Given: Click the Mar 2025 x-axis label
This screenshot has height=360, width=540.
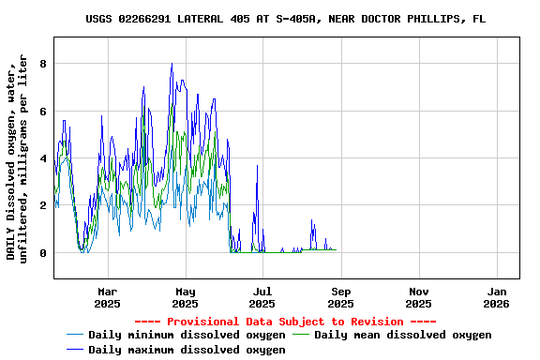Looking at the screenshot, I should tap(107, 297).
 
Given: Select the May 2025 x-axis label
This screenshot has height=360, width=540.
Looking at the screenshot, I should tap(185, 297).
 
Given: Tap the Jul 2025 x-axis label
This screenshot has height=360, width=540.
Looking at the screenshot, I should tap(262, 297).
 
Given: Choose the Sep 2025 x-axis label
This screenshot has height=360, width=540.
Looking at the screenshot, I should tap(341, 297).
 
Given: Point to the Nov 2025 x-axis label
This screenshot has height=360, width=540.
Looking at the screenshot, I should tap(419, 297).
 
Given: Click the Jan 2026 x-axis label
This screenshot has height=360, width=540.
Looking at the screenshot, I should tap(497, 297).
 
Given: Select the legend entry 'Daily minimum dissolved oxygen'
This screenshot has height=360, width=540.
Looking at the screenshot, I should tap(187, 335).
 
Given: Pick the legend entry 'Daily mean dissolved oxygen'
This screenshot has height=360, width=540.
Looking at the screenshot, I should tap(402, 335).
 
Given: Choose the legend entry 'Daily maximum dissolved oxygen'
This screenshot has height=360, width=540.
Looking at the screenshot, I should tap(187, 350).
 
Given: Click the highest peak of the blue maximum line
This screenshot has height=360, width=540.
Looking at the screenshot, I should tap(172, 64).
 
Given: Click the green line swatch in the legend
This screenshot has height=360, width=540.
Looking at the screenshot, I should tap(301, 335).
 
